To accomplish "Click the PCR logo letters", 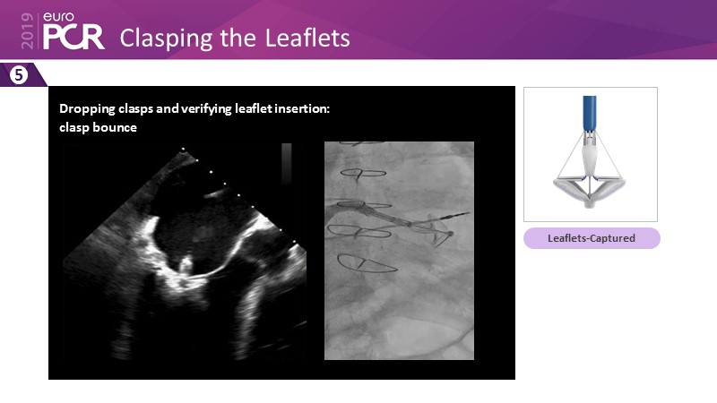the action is pyautogui.click(x=73, y=36).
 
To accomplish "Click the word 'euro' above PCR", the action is pyautogui.click(x=58, y=16).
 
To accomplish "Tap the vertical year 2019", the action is pyautogui.click(x=28, y=30).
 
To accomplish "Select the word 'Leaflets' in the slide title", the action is pyautogui.click(x=307, y=38).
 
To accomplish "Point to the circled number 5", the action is pyautogui.click(x=19, y=74).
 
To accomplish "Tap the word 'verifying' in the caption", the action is pyautogui.click(x=206, y=109).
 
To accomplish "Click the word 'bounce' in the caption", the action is pyautogui.click(x=117, y=127).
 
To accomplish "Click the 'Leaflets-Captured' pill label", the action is pyautogui.click(x=592, y=238).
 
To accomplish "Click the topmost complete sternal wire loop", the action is pyautogui.click(x=364, y=173).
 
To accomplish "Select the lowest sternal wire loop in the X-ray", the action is pyautogui.click(x=366, y=263).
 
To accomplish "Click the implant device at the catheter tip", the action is pyautogui.click(x=439, y=231).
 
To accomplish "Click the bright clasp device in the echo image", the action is pyautogui.click(x=186, y=266).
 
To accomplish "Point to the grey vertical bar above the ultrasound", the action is pyautogui.click(x=287, y=163).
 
